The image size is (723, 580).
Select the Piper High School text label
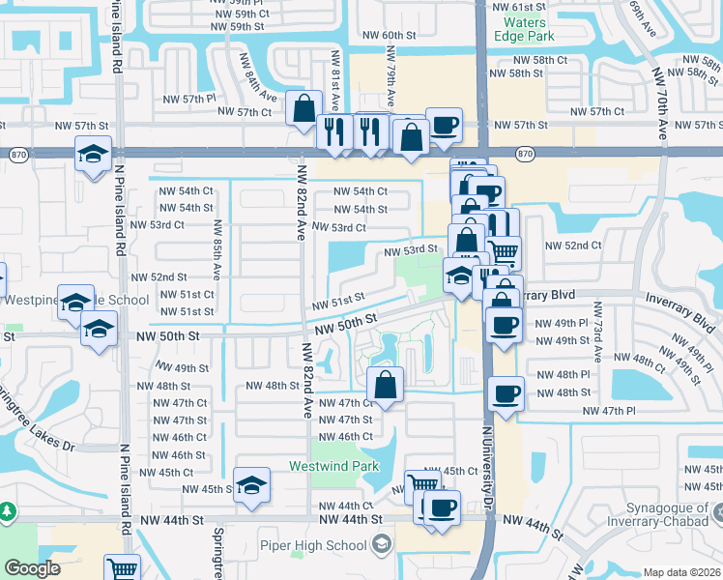tap(312, 545)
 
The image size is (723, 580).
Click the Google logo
tap(32, 568)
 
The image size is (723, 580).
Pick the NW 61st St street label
tap(519, 6)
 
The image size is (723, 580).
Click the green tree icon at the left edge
tap(7, 509)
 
